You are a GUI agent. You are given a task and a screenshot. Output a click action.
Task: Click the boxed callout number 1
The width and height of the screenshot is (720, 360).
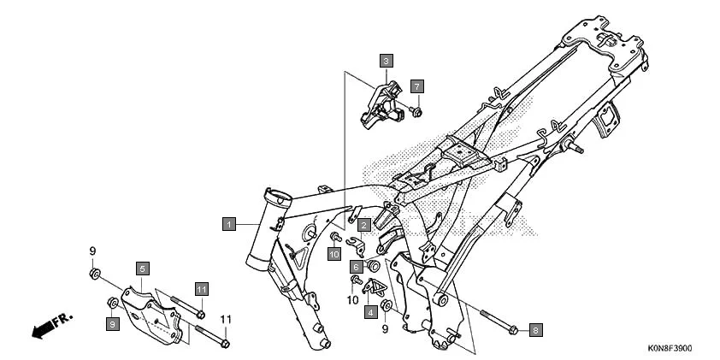pyautogui.click(x=228, y=223)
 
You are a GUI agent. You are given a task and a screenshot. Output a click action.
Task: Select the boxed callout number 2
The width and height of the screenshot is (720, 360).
pyautogui.click(x=363, y=225)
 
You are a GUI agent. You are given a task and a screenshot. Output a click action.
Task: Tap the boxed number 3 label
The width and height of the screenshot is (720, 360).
pyautogui.click(x=387, y=61)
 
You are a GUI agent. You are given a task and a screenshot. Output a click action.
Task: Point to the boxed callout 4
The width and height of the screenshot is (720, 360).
pyautogui.click(x=370, y=312)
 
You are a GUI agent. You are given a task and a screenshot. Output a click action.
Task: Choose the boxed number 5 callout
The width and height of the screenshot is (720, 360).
pyautogui.click(x=143, y=269)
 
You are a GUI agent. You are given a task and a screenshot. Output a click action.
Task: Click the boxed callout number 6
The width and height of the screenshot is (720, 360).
pyautogui.click(x=353, y=267)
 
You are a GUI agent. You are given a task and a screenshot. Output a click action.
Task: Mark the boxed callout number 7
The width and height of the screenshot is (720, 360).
pyautogui.click(x=416, y=86)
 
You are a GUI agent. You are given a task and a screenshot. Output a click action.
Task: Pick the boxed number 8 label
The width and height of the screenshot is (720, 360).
pyautogui.click(x=536, y=329)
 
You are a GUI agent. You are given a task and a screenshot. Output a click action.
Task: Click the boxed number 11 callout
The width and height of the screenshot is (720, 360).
pyautogui.click(x=201, y=289)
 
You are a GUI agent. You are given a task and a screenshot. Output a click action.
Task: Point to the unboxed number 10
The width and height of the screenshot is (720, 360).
pyautogui.click(x=352, y=300)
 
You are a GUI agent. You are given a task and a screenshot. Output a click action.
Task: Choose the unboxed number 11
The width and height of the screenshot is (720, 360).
pyautogui.click(x=226, y=319)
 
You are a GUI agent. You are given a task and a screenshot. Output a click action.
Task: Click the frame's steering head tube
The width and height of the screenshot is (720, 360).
pyautogui.click(x=269, y=227)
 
